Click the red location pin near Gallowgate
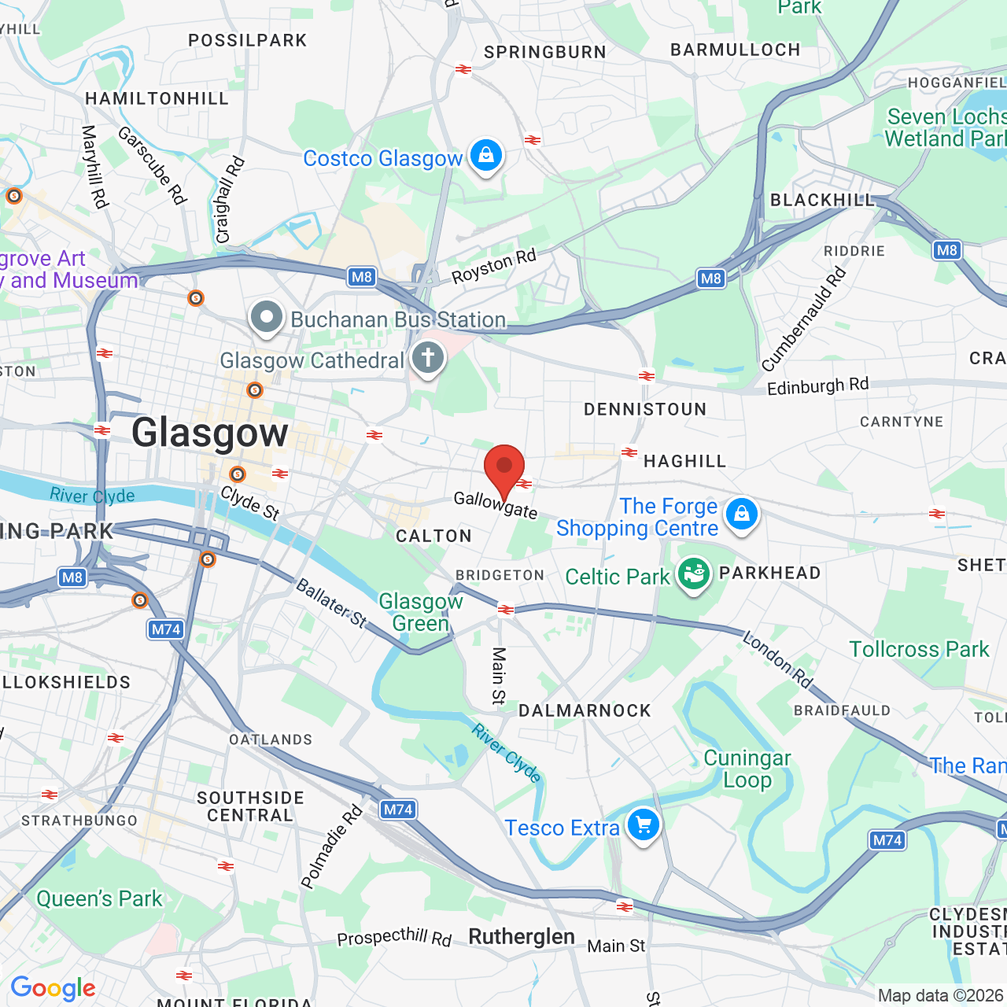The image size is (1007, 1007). point(504,469)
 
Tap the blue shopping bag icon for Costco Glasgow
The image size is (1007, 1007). point(486,155)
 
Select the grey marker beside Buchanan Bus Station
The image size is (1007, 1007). point(267,319)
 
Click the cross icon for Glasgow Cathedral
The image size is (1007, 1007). point(428,359)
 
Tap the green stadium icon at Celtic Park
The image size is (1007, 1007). point(693,574)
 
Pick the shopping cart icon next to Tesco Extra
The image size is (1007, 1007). point(644,825)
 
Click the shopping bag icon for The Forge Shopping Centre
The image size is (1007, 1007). point(741,515)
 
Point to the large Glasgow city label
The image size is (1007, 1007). point(210,433)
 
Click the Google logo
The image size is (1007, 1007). point(53,988)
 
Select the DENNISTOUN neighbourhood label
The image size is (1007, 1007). point(645,409)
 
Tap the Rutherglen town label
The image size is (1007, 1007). point(522,937)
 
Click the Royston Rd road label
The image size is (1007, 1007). point(493,266)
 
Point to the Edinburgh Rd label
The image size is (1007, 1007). point(817,386)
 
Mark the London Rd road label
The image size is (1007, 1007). point(778,659)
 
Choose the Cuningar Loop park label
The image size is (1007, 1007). point(747,769)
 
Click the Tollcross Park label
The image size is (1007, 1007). point(919,649)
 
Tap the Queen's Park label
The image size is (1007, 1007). point(99,898)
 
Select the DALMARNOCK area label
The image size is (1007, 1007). point(585,711)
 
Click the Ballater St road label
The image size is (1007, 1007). point(331,603)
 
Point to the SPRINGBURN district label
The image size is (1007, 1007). point(545,53)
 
